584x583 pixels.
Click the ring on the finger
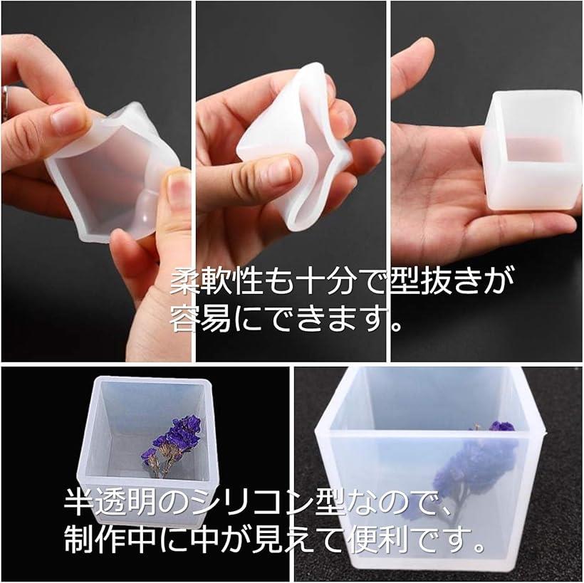click(4, 98)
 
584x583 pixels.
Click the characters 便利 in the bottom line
click(379, 539)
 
